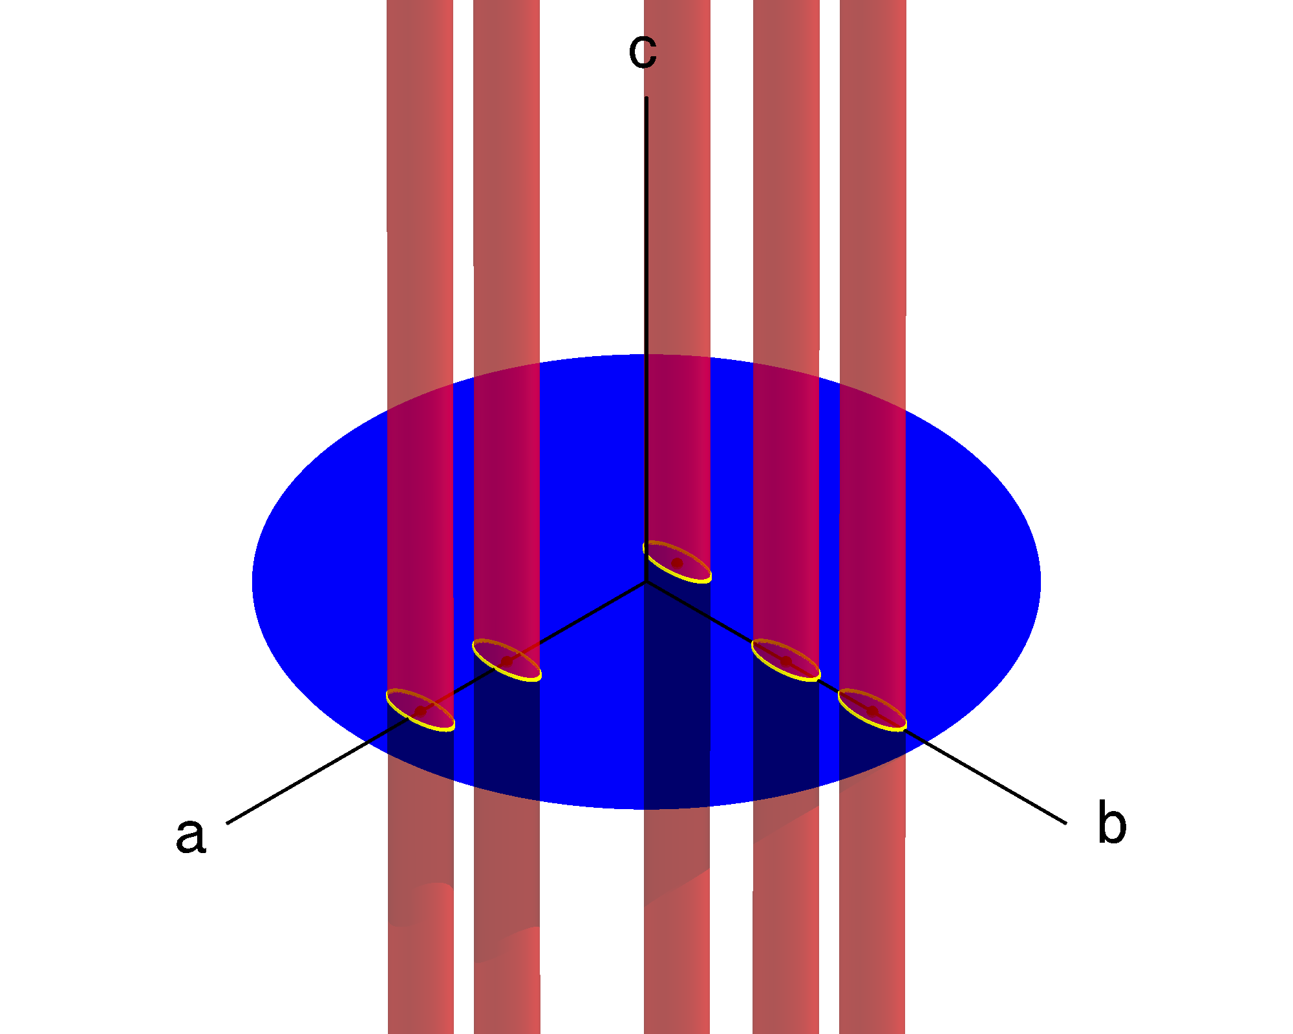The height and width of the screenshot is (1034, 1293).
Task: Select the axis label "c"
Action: click(x=643, y=50)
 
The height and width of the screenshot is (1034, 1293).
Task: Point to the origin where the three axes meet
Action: click(x=646, y=582)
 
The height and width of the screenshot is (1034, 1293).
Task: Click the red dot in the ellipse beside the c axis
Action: click(x=677, y=564)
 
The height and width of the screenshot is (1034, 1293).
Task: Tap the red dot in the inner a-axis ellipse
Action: click(x=507, y=662)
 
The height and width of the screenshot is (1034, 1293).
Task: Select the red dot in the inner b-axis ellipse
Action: click(x=786, y=661)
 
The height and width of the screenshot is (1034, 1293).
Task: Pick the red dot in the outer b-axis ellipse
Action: click(x=872, y=711)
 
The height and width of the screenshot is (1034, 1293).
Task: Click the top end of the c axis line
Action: click(x=646, y=98)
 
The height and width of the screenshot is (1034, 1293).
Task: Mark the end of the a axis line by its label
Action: click(x=228, y=823)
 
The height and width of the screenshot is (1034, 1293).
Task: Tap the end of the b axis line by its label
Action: click(x=1065, y=823)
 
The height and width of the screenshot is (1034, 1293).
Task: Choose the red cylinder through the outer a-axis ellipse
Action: click(x=420, y=258)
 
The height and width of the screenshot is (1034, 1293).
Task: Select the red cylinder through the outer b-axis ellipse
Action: click(x=872, y=258)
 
